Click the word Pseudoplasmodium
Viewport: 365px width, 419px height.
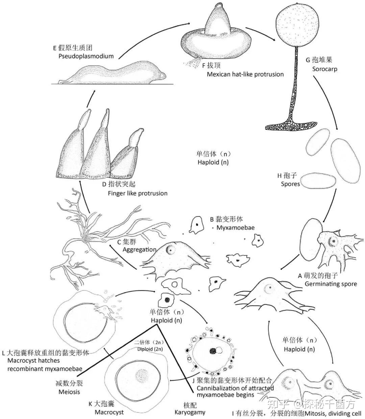(86, 56)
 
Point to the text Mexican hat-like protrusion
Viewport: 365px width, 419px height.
(245, 74)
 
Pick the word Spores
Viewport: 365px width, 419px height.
(290, 184)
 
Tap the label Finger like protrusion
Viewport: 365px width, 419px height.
(138, 193)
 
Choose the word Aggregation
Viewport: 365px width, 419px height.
(139, 250)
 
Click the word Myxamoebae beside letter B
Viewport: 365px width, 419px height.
(235, 228)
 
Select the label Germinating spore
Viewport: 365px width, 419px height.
(331, 284)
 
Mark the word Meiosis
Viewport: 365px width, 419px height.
(69, 392)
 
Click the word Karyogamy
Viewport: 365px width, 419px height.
(190, 412)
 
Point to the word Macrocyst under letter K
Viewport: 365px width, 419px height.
(109, 412)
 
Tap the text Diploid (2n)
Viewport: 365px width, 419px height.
(150, 349)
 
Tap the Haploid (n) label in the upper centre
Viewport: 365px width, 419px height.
(213, 162)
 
